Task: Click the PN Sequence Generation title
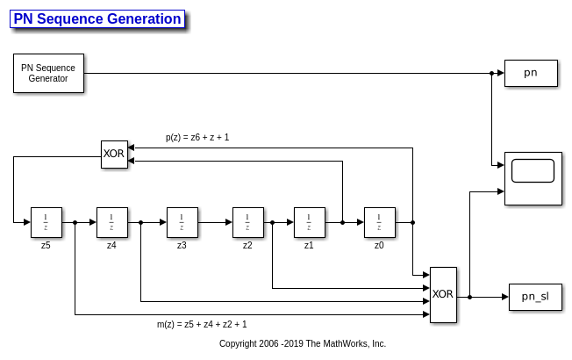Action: click(x=97, y=19)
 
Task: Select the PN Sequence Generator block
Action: click(x=48, y=73)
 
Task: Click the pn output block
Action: click(x=531, y=73)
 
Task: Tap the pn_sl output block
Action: click(x=535, y=297)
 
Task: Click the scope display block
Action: click(x=533, y=178)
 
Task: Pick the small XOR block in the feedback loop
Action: click(x=114, y=154)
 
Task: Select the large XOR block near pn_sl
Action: click(x=443, y=294)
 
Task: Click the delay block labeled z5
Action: click(x=46, y=222)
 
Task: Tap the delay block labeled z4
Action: click(x=111, y=222)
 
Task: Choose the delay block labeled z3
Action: click(x=182, y=222)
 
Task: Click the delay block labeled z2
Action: click(x=247, y=222)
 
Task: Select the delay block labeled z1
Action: click(x=309, y=222)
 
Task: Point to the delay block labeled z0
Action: click(x=379, y=222)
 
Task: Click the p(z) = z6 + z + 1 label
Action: click(x=197, y=137)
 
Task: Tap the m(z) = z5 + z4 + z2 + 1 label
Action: click(x=202, y=324)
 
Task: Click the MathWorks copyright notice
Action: click(x=303, y=344)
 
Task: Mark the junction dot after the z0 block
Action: click(x=412, y=222)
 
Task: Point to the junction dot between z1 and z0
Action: click(x=342, y=222)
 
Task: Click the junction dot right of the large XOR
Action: click(x=470, y=297)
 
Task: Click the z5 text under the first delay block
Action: click(x=46, y=245)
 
